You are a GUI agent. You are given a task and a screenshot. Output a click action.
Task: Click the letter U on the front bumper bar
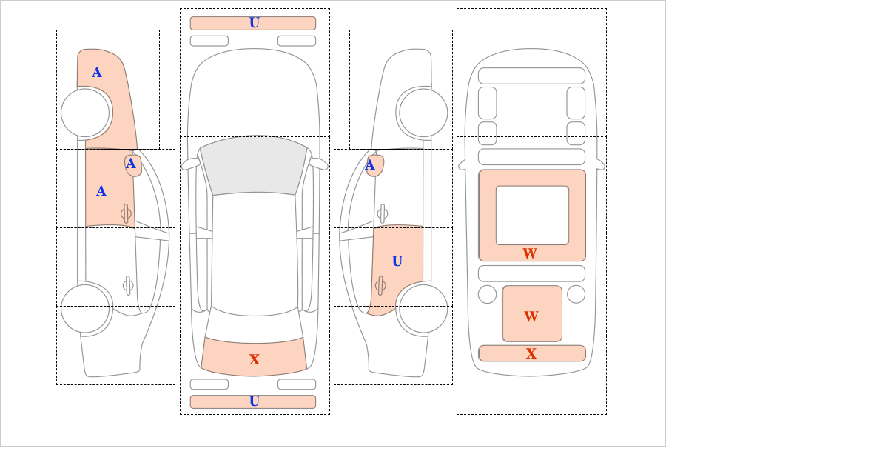coord(255,23)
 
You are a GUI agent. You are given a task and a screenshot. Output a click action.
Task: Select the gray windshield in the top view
coord(254,165)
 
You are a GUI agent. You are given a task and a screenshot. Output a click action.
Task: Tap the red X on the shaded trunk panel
coord(255,359)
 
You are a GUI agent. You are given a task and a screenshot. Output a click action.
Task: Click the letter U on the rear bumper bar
coord(255,401)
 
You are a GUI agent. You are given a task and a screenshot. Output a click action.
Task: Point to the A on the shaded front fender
coord(97,73)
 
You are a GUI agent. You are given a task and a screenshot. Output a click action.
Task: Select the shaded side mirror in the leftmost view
coord(133,165)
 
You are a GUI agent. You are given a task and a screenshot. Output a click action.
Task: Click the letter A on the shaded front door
coord(101,191)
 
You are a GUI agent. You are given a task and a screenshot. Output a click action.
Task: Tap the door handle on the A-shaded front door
coord(126,213)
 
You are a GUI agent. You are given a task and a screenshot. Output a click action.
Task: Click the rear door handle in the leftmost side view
coord(128,285)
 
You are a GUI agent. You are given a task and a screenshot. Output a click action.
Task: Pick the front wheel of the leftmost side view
coord(85,113)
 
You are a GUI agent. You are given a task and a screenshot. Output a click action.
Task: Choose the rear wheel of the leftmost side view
coord(85,308)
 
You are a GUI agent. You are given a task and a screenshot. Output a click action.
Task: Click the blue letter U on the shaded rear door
coord(397,261)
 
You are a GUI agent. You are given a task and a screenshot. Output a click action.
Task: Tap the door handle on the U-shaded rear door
coord(380,285)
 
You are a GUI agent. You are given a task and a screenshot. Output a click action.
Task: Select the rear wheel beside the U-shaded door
coord(423,308)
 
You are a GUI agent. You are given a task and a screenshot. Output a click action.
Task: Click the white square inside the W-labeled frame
coord(532,215)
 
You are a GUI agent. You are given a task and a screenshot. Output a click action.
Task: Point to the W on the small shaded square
coord(531,316)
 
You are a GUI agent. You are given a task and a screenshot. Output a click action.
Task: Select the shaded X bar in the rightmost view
coord(532,353)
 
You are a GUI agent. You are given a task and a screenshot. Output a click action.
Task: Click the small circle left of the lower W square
coord(487,295)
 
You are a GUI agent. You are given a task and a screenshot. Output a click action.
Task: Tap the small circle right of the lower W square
coord(576,295)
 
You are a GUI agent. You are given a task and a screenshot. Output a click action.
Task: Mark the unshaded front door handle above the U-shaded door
coord(383,213)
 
